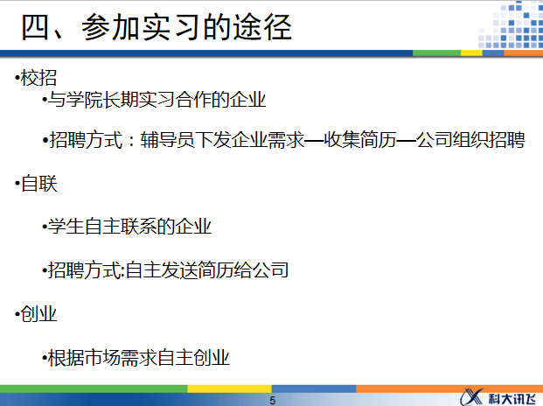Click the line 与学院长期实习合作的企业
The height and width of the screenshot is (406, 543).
tap(157, 100)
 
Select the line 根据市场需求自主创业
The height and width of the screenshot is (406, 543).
tap(140, 357)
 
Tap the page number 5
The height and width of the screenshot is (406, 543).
tap(272, 400)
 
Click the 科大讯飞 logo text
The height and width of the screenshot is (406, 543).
tap(511, 396)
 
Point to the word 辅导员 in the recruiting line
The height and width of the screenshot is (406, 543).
tap(167, 141)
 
